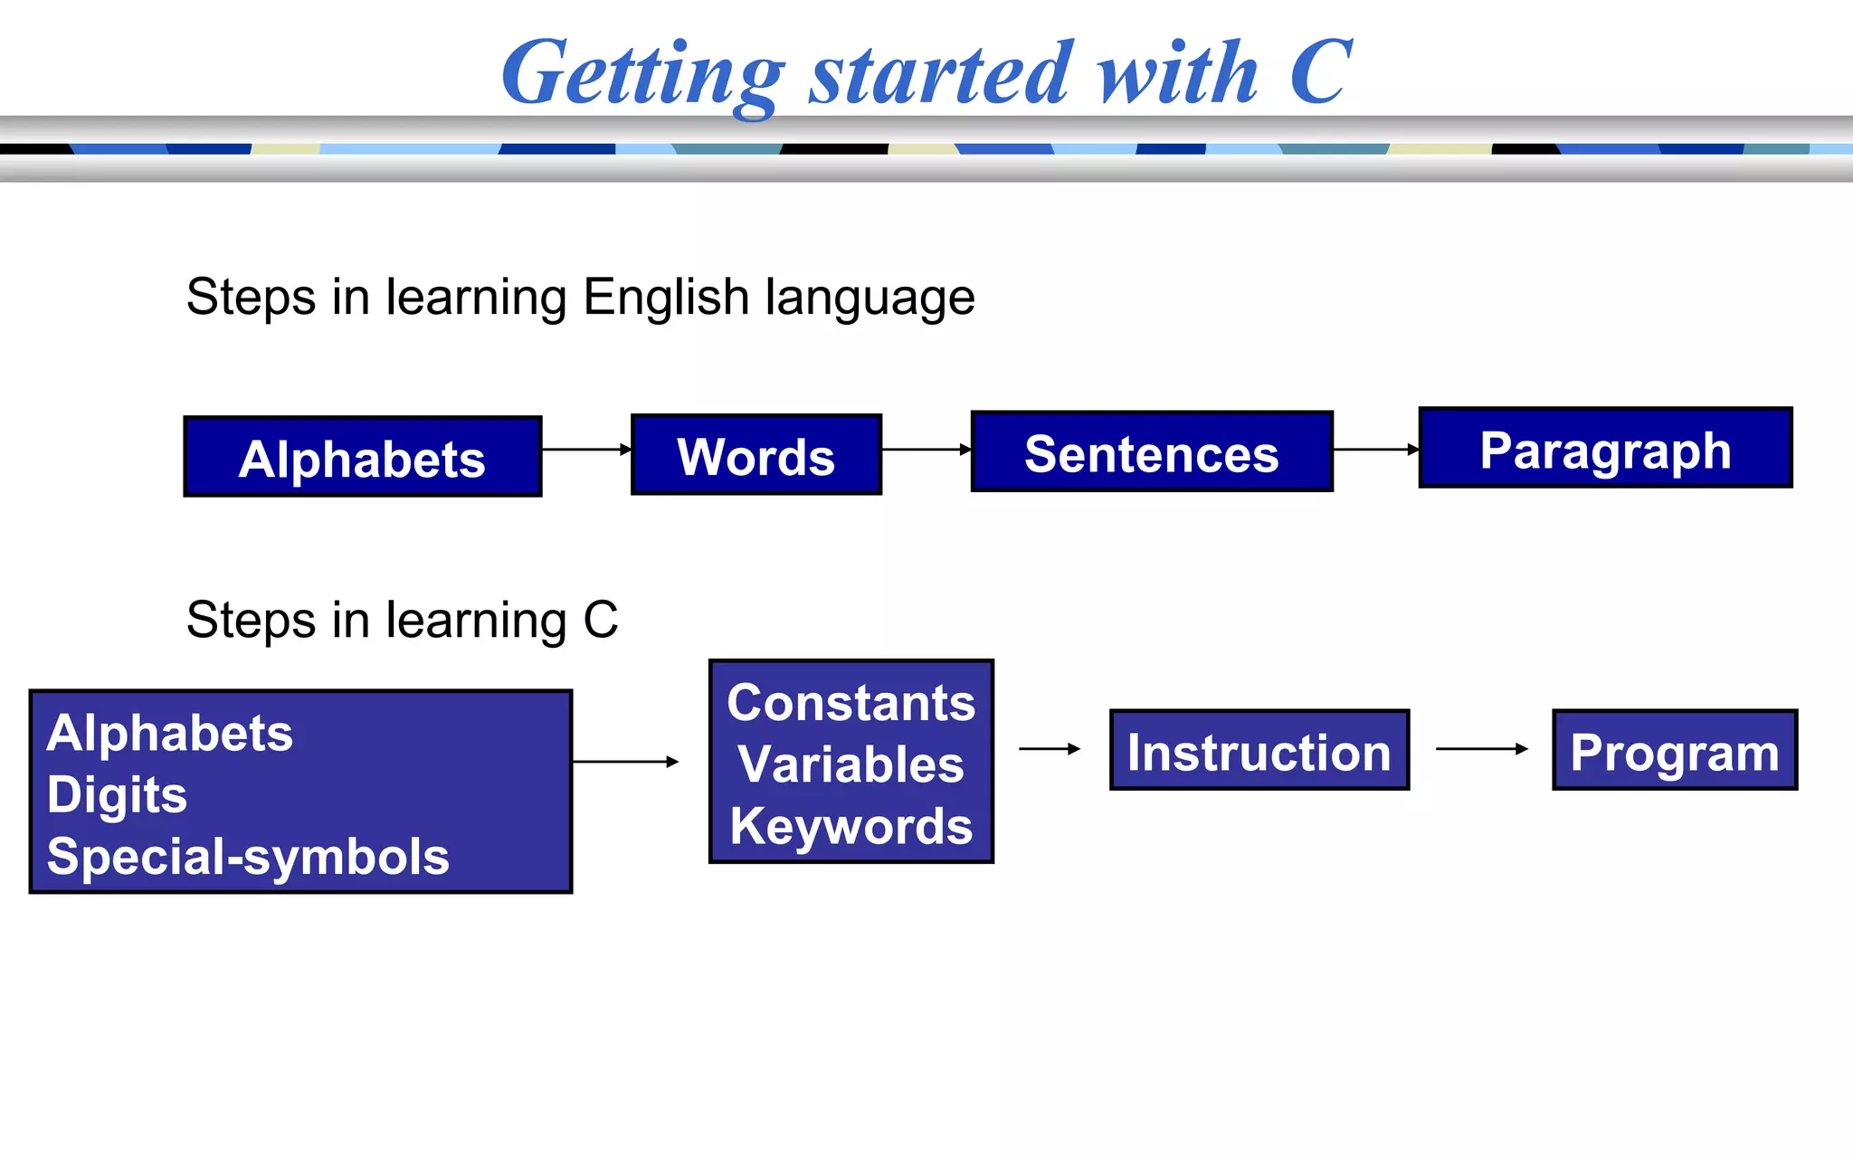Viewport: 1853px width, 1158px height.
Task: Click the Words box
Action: [x=756, y=455]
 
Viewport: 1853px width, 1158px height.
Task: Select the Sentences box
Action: [x=1152, y=452]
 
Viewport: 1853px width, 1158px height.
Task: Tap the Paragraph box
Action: [x=1605, y=449]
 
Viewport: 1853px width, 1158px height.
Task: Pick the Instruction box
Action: [x=1259, y=751]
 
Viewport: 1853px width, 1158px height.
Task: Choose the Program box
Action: [x=1675, y=751]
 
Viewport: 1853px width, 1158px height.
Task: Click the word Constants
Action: [x=851, y=703]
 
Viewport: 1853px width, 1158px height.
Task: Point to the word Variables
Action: [x=851, y=764]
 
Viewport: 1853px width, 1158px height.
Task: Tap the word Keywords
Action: [x=851, y=826]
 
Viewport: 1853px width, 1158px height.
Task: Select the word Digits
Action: [x=117, y=794]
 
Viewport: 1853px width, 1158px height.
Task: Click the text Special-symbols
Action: [x=248, y=856]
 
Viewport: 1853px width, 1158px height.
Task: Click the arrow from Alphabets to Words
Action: [x=586, y=449]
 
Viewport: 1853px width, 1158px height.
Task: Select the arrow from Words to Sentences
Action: [x=926, y=449]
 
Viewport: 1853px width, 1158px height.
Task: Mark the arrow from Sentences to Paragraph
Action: [x=1375, y=449]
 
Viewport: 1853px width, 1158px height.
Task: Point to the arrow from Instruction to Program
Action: [x=1481, y=749]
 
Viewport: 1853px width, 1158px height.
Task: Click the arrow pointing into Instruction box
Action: [x=1050, y=749]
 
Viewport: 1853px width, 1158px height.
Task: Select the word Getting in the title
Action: [x=642, y=74]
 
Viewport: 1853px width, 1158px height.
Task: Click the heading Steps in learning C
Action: [x=402, y=620]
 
